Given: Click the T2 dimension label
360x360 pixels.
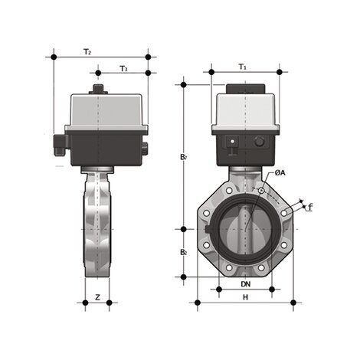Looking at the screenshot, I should pyautogui.click(x=87, y=52).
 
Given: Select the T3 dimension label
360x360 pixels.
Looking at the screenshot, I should pyautogui.click(x=123, y=69).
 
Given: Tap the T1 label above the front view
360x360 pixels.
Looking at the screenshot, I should pyautogui.click(x=243, y=67).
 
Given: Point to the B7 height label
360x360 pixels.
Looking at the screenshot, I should pyautogui.click(x=183, y=157).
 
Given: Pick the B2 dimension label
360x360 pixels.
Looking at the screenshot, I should pyautogui.click(x=183, y=252).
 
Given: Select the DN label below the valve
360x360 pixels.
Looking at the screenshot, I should pyautogui.click(x=245, y=284).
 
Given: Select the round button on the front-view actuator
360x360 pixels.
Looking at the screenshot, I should pyautogui.click(x=259, y=142).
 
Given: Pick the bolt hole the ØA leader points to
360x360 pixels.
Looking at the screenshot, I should pyautogui.click(x=261, y=190).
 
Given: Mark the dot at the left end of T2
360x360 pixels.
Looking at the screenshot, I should pyautogui.click(x=53, y=57).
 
